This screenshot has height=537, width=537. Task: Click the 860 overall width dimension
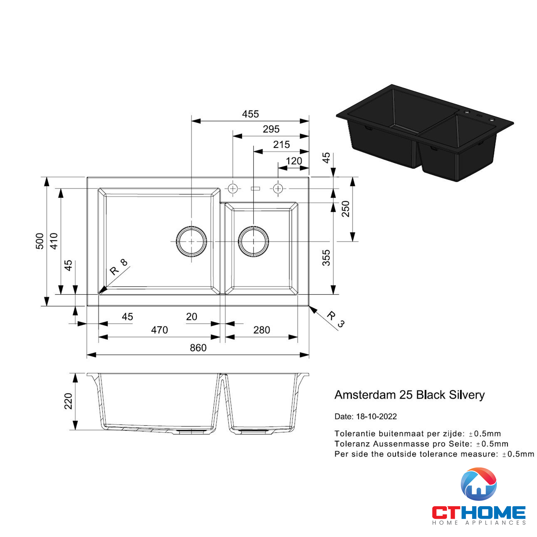point(198,348)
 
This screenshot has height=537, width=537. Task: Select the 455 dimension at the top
point(250,114)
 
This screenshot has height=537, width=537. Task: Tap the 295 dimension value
point(271,129)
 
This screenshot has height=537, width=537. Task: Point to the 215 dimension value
point(281,144)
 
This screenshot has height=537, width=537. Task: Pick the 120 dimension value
point(294,161)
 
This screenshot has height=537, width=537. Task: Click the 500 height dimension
point(40,241)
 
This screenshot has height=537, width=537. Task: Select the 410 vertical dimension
point(54,241)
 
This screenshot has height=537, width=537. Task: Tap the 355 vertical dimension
point(326,258)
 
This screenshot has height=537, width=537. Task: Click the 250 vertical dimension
point(346,209)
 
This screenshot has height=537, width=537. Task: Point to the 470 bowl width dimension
point(159,330)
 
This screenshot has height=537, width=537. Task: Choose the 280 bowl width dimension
point(261,330)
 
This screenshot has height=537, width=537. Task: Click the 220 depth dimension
point(68,401)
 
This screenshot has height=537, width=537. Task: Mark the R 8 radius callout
point(119,267)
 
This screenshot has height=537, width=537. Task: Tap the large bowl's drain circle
point(191,242)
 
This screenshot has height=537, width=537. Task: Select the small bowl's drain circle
point(253,242)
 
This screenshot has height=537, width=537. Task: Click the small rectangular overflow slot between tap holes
point(255,189)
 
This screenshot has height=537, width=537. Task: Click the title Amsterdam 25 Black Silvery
point(409,395)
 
